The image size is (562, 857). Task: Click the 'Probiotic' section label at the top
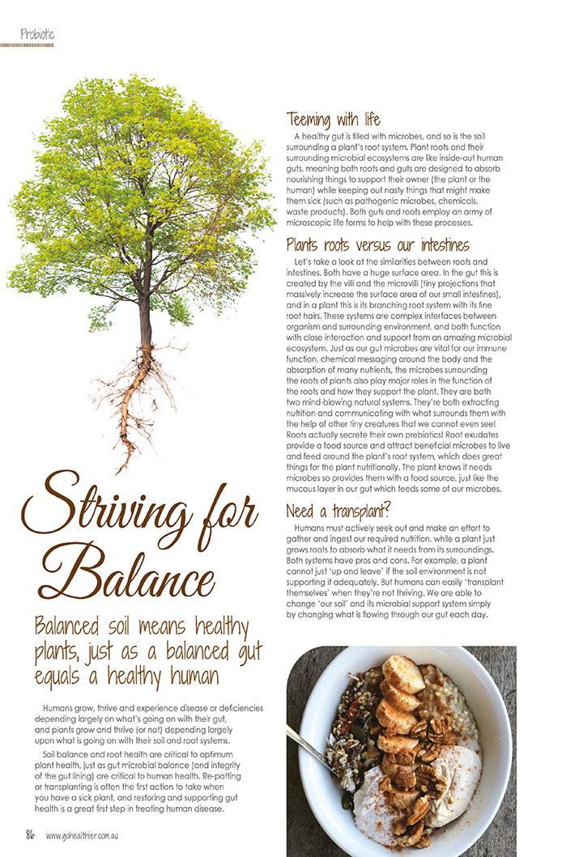point(37,35)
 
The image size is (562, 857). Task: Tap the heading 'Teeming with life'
point(333,121)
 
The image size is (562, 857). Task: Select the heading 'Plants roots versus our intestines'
point(377,244)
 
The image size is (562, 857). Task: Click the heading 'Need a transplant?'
point(338,511)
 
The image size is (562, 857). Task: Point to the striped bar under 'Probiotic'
point(27,45)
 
